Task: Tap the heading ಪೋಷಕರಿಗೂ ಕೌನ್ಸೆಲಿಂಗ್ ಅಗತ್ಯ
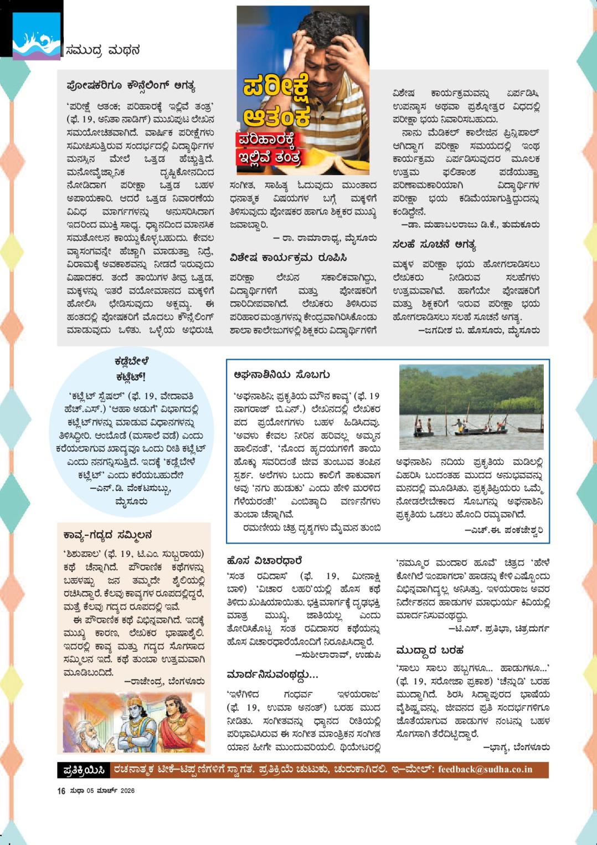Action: tap(130, 86)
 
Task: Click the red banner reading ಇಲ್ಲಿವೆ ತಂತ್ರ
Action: tap(269, 157)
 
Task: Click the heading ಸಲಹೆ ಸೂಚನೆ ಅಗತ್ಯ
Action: tap(434, 244)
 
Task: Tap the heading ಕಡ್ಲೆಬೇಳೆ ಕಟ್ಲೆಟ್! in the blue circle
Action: tap(131, 369)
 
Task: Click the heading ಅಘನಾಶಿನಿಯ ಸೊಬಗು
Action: tap(281, 375)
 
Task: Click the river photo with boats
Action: tap(471, 407)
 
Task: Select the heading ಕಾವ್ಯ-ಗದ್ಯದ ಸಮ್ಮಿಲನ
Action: tap(107, 535)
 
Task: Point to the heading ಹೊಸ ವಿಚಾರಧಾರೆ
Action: tap(264, 561)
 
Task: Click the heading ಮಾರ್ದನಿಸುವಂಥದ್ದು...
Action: tap(272, 674)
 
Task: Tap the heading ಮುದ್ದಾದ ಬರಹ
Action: tap(430, 650)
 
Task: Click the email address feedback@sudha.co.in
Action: tap(485, 769)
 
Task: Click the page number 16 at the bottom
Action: tap(61, 791)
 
